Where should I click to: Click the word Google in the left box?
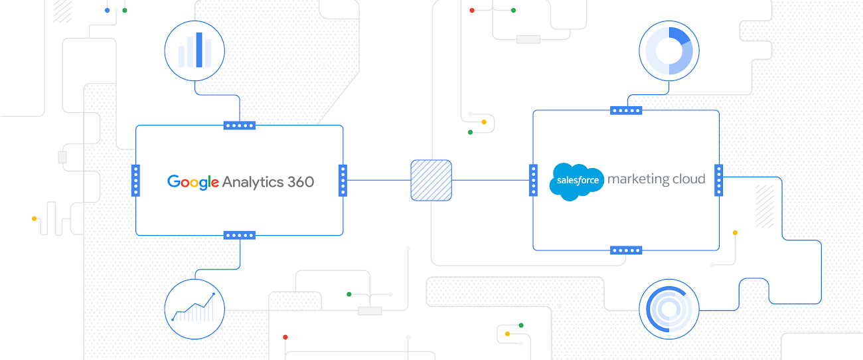point(193,181)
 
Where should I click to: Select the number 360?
point(301,181)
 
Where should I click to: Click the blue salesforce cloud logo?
point(576,181)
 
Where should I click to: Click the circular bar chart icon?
point(195,50)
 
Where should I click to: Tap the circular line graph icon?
point(195,310)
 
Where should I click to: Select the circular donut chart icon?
point(669,50)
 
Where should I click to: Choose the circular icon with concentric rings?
point(669,310)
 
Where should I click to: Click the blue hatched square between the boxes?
point(431,180)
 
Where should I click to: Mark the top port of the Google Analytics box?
point(240,125)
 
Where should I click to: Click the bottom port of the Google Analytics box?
point(240,235)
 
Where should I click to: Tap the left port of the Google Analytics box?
point(135,180)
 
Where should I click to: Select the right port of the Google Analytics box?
point(343,180)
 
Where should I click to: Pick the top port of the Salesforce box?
point(626,110)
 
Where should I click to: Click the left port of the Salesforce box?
point(533,180)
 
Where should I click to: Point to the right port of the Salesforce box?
point(719,180)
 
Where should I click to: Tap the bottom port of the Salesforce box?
point(626,250)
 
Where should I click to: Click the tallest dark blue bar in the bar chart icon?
point(199,50)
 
